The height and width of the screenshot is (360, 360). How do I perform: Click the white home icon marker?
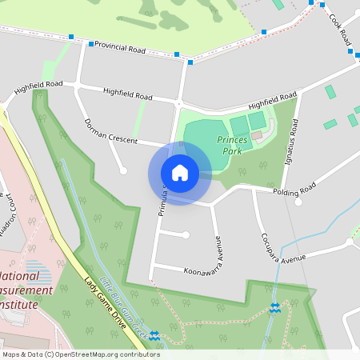tap(180, 173)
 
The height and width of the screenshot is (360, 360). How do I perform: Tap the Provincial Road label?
tap(120, 48)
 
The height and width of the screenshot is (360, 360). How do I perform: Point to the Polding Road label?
tap(294, 192)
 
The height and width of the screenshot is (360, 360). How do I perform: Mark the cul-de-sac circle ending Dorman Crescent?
tap(122, 170)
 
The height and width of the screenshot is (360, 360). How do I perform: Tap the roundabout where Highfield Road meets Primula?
tap(178, 102)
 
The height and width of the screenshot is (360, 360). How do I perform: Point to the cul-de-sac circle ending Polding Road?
tap(298, 202)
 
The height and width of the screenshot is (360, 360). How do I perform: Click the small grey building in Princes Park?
tap(256, 136)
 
